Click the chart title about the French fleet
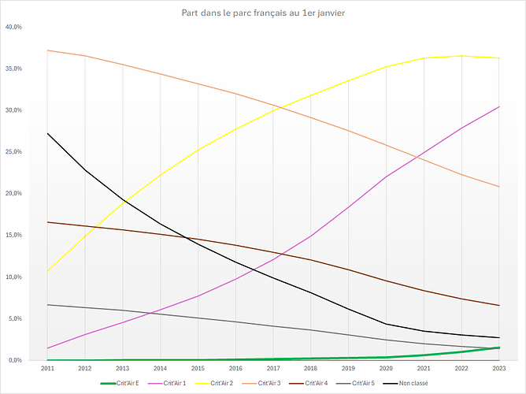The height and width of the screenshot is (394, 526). pyautogui.click(x=263, y=13)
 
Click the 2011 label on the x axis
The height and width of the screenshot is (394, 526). pyautogui.click(x=47, y=368)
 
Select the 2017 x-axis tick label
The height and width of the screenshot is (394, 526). pyautogui.click(x=272, y=368)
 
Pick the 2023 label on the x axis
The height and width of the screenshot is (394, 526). pyautogui.click(x=498, y=368)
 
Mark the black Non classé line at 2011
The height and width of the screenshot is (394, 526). pyautogui.click(x=47, y=133)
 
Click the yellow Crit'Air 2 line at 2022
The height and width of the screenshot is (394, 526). pyautogui.click(x=461, y=56)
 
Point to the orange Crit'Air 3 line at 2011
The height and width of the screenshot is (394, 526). pyautogui.click(x=47, y=50)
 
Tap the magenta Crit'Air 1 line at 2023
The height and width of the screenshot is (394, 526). pyautogui.click(x=498, y=106)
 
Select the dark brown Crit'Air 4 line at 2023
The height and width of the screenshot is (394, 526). pyautogui.click(x=498, y=305)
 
